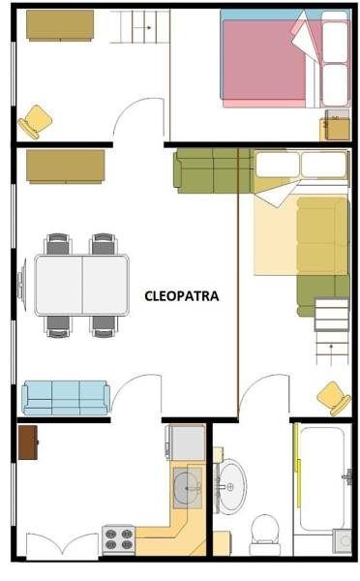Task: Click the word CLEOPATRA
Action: click(182, 296)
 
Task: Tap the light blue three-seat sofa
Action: click(66, 398)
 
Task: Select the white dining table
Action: click(82, 285)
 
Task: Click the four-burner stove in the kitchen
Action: click(118, 539)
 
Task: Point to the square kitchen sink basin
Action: click(188, 488)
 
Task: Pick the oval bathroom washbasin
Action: click(230, 486)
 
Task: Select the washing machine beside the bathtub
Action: click(342, 541)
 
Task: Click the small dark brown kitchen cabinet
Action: click(28, 443)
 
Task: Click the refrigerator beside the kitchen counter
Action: click(187, 443)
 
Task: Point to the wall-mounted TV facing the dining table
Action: click(22, 285)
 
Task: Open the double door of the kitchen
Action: click(62, 546)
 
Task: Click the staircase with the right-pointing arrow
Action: click(139, 26)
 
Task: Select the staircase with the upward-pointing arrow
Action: click(332, 331)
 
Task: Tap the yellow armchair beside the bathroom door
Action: click(335, 399)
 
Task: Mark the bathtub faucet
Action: click(347, 476)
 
